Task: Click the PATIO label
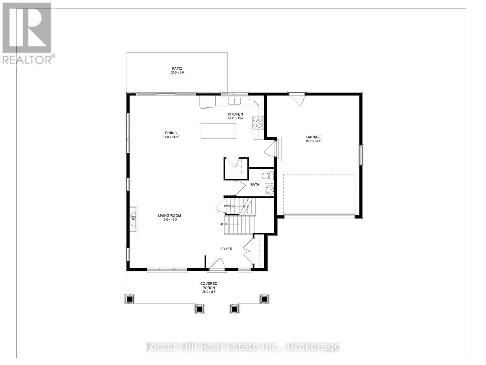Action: pos(177,68)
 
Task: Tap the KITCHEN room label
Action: pos(235,114)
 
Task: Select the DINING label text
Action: pos(171,133)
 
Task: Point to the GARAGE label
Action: pos(313,137)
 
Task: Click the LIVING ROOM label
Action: pos(169,215)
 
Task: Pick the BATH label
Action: pos(255,184)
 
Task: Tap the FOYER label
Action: pos(226,249)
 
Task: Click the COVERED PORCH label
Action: pos(209,285)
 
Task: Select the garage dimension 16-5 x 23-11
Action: pos(313,141)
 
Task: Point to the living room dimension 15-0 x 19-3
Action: pos(169,220)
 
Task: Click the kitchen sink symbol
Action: pos(234,101)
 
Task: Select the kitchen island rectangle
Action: pos(218,131)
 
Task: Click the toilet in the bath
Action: pos(268,176)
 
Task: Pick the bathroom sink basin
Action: pos(270,190)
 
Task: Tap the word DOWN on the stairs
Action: pos(228,206)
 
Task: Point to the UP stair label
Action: pos(222,224)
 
